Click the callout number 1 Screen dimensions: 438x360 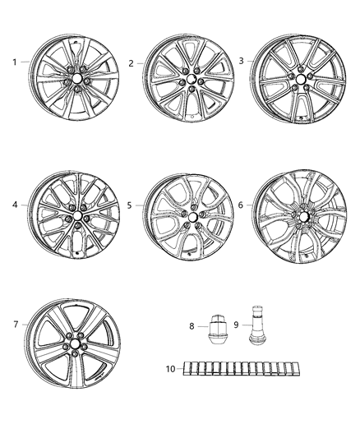tap(14, 62)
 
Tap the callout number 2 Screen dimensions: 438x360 tap(132, 62)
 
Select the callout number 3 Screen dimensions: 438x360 tap(241, 60)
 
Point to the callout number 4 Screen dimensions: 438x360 tap(14, 205)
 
